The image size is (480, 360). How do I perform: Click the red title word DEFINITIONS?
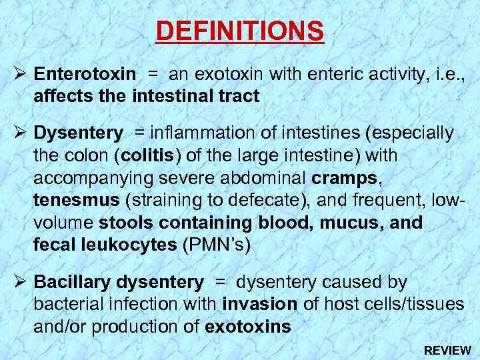pos(240,31)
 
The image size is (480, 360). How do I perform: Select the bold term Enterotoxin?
pos(85,74)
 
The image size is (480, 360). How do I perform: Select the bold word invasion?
pos(260,305)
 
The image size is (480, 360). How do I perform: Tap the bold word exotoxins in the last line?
pos(249,327)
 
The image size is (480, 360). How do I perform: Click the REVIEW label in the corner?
pos(447,350)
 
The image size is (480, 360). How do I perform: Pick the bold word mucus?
pos(349,223)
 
